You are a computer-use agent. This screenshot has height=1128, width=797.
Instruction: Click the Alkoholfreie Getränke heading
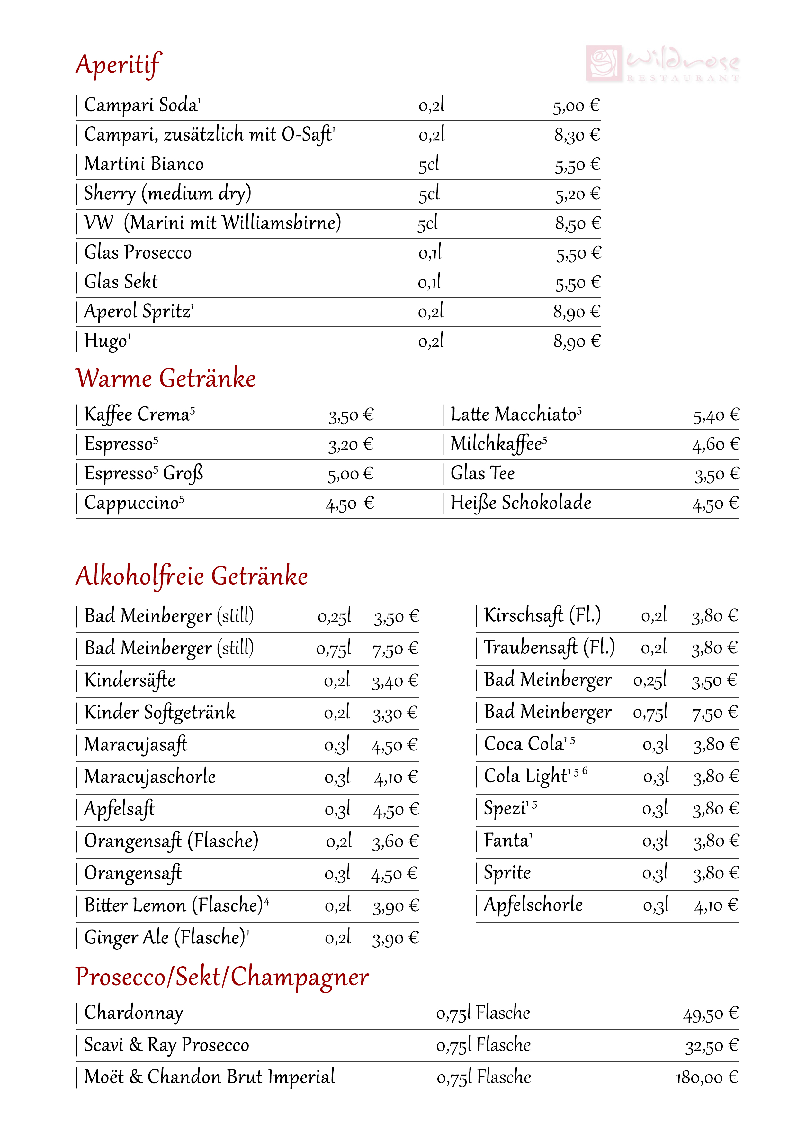pos(192,576)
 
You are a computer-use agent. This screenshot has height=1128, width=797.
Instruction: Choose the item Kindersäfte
pos(130,680)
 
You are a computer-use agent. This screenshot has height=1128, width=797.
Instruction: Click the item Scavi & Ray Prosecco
pos(166,1045)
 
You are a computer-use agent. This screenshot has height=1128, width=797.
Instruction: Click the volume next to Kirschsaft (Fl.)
pos(654,615)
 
